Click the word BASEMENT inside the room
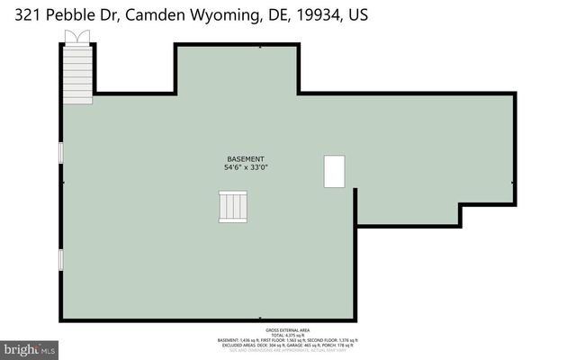click(x=246, y=158)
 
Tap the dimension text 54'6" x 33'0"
click(x=246, y=167)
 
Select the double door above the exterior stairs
click(x=76, y=36)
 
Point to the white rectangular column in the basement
click(x=335, y=171)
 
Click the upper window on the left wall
click(x=60, y=152)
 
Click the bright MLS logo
click(x=29, y=348)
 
